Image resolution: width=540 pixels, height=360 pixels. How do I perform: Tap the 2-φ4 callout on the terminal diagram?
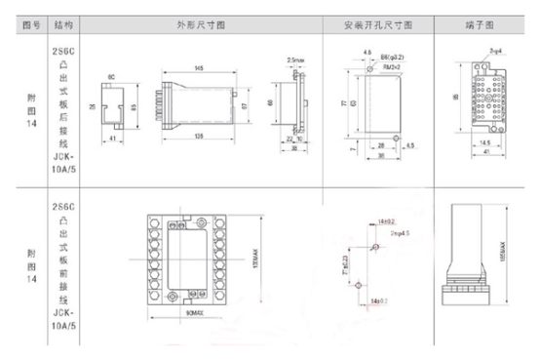pos(495,47)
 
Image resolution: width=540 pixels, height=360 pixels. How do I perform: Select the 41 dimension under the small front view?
pos(114,140)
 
